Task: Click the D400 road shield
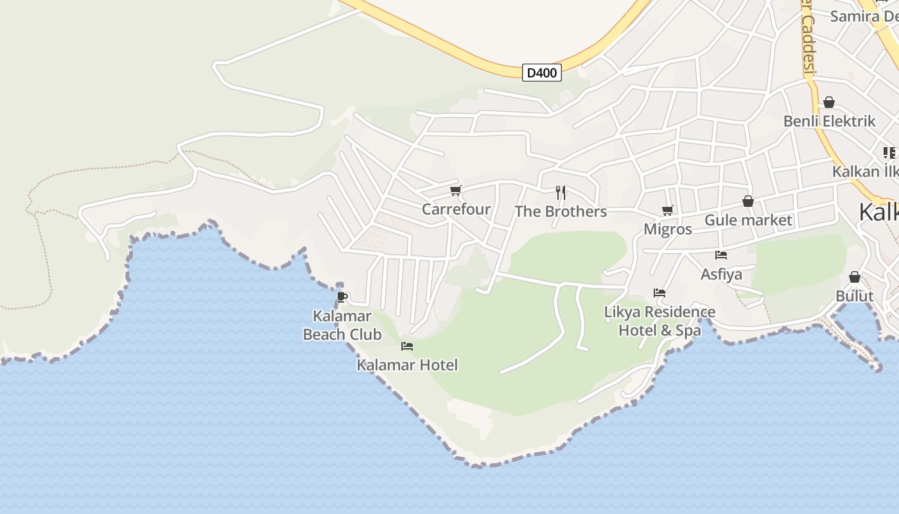(541, 73)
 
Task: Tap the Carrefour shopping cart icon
(456, 190)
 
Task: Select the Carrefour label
(456, 209)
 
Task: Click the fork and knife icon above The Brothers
(561, 192)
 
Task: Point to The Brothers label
(561, 211)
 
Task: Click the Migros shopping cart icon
(668, 210)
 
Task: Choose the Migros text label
(668, 229)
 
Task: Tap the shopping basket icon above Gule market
(748, 202)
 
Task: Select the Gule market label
(748, 220)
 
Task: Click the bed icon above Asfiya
(721, 255)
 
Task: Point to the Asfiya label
(721, 274)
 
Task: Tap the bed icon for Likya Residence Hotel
(659, 293)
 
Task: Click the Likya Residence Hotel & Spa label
(659, 321)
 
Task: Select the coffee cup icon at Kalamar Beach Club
(342, 297)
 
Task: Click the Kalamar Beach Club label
(342, 325)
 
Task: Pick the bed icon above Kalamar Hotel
(407, 346)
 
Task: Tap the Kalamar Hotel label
(407, 365)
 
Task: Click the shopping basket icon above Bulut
(855, 277)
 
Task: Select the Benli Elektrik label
(829, 121)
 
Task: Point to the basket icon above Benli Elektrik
(829, 102)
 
